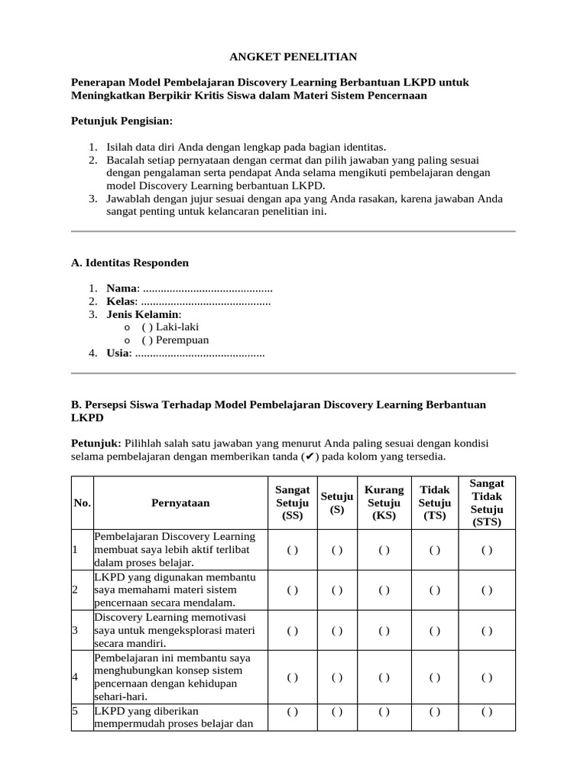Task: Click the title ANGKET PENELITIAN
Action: pos(293,57)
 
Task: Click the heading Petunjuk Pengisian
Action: pos(122,121)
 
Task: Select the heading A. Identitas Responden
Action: pos(129,262)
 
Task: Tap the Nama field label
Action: pos(122,288)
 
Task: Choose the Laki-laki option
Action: pos(170,327)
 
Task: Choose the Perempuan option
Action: pos(175,340)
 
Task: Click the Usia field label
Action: pos(118,353)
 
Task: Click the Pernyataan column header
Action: pos(180,502)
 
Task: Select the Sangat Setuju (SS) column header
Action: pos(292,502)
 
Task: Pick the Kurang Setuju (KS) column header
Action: pos(384,502)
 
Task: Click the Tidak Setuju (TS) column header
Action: pos(435,502)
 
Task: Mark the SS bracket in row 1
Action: pos(292,550)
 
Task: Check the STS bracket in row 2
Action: pos(487,590)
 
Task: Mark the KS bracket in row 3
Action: pos(384,631)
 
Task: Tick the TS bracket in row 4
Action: pos(435,677)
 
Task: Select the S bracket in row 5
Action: pos(337,711)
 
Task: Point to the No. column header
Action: pos(82,502)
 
